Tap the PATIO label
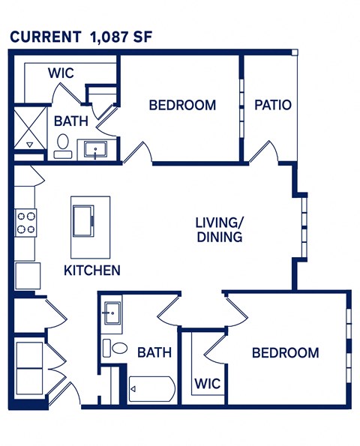[x=272, y=105]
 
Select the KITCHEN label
[x=91, y=270]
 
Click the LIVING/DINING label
[x=219, y=230]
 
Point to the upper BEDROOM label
[x=182, y=105]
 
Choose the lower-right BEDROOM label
[x=285, y=352]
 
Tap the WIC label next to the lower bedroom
[x=208, y=384]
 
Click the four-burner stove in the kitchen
[x=27, y=223]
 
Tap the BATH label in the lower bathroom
[x=154, y=352]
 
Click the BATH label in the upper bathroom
[x=70, y=120]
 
